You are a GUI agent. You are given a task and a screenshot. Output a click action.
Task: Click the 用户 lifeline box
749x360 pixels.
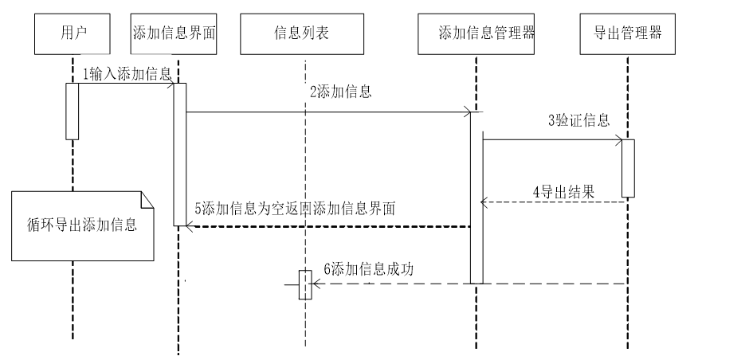[73, 33]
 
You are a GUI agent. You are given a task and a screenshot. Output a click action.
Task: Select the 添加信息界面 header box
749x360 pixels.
[175, 33]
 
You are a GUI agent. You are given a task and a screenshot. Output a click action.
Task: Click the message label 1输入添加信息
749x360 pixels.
[127, 74]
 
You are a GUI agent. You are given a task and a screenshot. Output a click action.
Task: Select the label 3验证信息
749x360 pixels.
[578, 121]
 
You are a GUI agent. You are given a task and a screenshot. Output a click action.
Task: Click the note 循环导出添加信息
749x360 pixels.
[79, 224]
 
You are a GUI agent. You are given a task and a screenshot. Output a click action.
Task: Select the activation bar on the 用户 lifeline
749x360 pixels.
[73, 111]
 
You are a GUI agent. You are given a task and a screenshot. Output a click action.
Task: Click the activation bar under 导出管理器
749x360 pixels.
[628, 168]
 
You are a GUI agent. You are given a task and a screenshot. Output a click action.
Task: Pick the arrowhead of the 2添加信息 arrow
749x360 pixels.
[470, 112]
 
